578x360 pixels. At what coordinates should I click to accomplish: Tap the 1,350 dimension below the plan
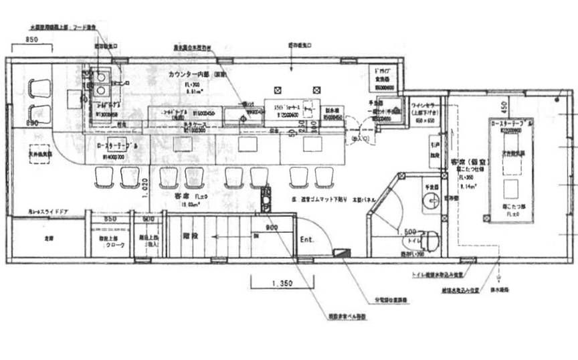282,283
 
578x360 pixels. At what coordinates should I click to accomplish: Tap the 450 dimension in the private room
505,106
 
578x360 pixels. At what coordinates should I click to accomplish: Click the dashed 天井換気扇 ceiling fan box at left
40,153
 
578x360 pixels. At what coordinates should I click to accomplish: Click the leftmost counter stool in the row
105,177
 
